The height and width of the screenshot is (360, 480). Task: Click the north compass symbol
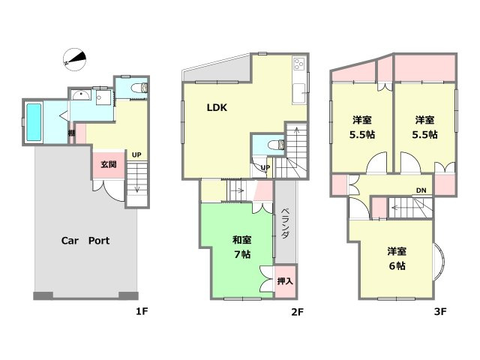coord(76,58)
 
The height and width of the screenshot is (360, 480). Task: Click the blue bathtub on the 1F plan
coord(34,121)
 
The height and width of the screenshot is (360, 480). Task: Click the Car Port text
coord(85,241)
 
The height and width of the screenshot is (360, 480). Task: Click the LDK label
coord(217,107)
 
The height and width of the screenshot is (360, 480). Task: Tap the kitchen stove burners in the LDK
coord(298,63)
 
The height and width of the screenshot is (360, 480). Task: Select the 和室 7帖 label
coord(241,247)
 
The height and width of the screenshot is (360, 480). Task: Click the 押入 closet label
coord(285,281)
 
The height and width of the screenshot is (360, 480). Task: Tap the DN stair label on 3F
coord(421,190)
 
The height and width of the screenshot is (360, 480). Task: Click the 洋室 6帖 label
coord(396,258)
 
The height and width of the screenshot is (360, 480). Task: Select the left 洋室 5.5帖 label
coord(362,127)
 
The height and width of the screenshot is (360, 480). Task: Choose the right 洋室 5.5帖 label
coord(425,127)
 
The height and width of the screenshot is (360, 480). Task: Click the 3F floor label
coord(439,311)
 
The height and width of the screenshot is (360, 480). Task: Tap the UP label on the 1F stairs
coord(136,155)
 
